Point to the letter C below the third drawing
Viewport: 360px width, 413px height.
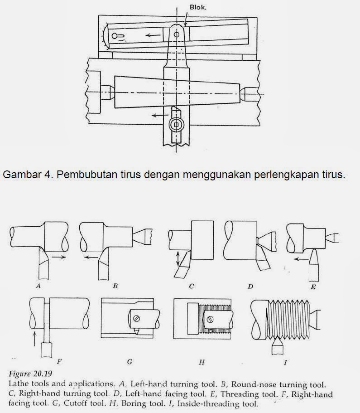(192, 286)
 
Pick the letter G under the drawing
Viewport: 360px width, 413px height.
(130, 362)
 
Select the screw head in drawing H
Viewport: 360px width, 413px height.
(209, 320)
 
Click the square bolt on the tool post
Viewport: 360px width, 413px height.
(177, 124)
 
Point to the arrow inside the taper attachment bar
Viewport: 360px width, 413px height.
(154, 34)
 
